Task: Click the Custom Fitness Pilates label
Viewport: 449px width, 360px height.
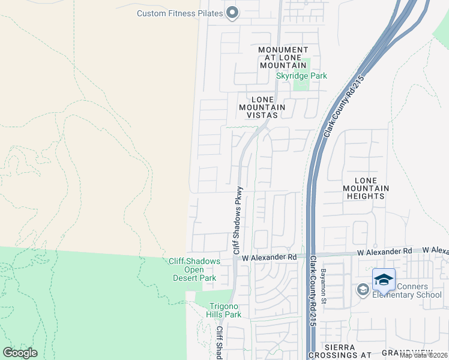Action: coord(179,13)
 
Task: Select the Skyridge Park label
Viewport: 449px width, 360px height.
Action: coord(301,76)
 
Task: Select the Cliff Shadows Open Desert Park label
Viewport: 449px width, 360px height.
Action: coord(194,269)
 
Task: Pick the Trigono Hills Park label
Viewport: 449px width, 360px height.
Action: coord(223,310)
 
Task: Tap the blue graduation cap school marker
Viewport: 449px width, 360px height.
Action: coord(384,280)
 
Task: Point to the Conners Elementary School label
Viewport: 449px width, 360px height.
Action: coord(407,290)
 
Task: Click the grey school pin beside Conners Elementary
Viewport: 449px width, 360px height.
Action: coord(363,290)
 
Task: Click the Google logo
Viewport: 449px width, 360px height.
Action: coord(20,353)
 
